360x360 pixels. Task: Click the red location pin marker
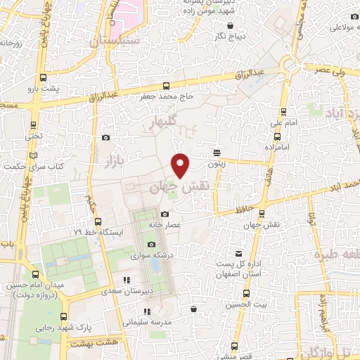click(181, 165)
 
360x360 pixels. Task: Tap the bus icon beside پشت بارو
click(44, 78)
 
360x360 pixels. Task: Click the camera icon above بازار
click(105, 139)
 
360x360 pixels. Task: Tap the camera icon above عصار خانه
click(165, 214)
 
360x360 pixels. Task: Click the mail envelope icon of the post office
click(239, 253)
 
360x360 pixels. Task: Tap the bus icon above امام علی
click(283, 112)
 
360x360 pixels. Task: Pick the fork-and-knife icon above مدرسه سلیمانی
click(146, 311)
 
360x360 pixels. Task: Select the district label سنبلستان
click(115, 41)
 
